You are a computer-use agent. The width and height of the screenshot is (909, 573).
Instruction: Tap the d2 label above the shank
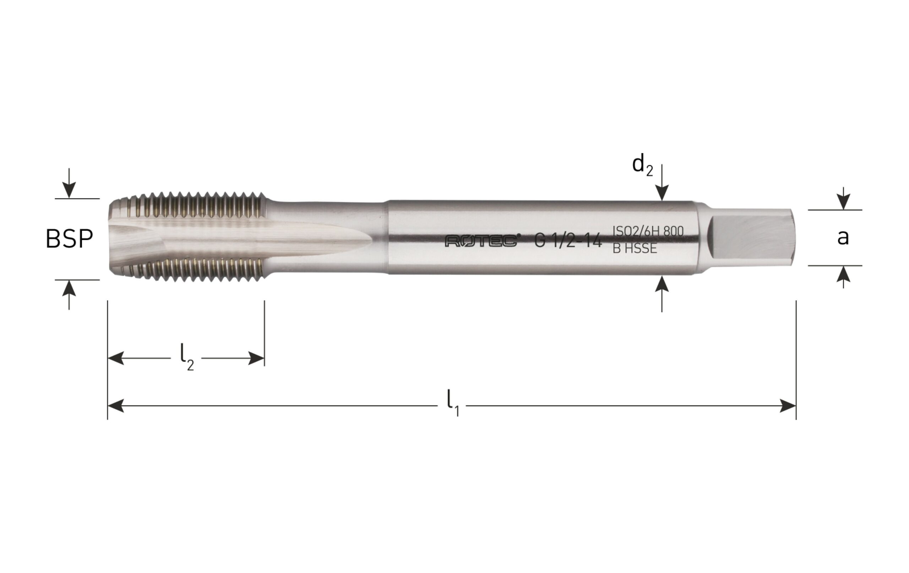click(x=642, y=166)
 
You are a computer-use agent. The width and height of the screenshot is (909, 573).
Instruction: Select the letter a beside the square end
click(x=843, y=238)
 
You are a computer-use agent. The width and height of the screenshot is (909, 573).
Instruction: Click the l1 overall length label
click(x=453, y=406)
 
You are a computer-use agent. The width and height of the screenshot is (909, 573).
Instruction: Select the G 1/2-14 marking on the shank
click(x=568, y=240)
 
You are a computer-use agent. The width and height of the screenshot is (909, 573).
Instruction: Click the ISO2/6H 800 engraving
click(x=648, y=231)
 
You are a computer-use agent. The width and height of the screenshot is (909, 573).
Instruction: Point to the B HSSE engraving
click(x=635, y=249)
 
